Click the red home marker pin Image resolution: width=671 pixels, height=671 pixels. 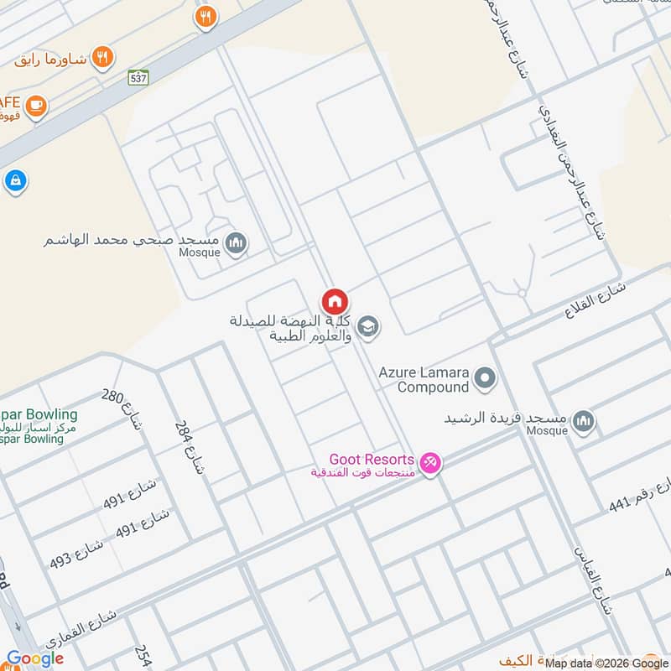tap(334, 301)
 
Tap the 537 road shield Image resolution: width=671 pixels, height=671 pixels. tap(139, 77)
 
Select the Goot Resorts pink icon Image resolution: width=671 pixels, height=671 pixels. tap(429, 462)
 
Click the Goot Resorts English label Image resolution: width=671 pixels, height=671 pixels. tap(372, 460)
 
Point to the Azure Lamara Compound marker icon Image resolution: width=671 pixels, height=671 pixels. tap(485, 379)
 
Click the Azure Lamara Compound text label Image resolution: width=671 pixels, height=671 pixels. tap(423, 379)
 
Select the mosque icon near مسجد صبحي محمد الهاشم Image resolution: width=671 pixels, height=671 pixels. tap(237, 243)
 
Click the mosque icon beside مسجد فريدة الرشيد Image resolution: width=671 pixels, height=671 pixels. tap(583, 421)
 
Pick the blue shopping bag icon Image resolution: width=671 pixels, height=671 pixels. tap(15, 180)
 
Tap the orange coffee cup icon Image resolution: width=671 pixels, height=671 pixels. tap(35, 105)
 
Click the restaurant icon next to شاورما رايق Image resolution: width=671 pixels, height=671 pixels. tap(102, 57)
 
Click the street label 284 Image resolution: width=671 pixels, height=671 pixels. tap(189, 447)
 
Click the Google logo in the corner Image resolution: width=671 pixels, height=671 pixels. tap(35, 659)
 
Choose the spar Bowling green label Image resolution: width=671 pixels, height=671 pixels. tap(39, 415)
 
